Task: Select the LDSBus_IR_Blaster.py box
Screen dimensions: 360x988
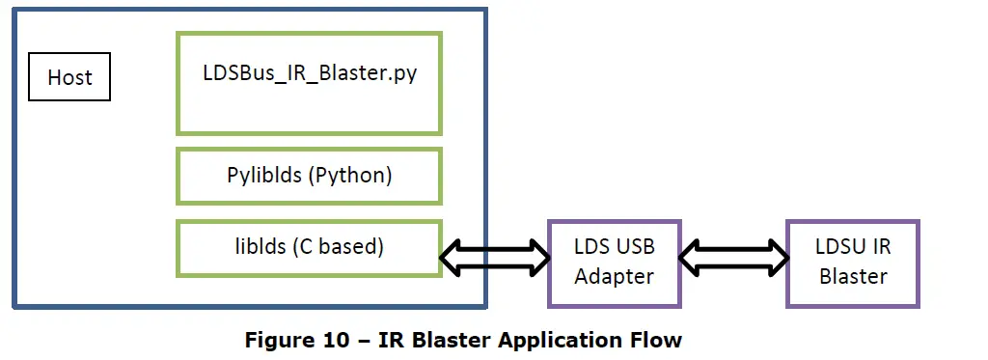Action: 309,83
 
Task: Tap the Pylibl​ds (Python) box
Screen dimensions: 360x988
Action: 309,177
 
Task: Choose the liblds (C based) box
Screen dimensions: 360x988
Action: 309,247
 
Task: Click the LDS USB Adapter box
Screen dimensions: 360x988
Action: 614,263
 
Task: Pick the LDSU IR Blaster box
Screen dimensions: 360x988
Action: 852,263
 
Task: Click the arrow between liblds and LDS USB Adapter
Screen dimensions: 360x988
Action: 494,257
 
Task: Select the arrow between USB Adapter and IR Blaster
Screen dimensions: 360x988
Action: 733,257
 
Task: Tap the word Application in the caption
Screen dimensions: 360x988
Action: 560,341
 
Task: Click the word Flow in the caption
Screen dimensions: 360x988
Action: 656,341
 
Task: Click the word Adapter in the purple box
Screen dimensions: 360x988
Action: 614,277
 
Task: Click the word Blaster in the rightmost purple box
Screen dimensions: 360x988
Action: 853,277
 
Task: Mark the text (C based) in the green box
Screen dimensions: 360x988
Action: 339,247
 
